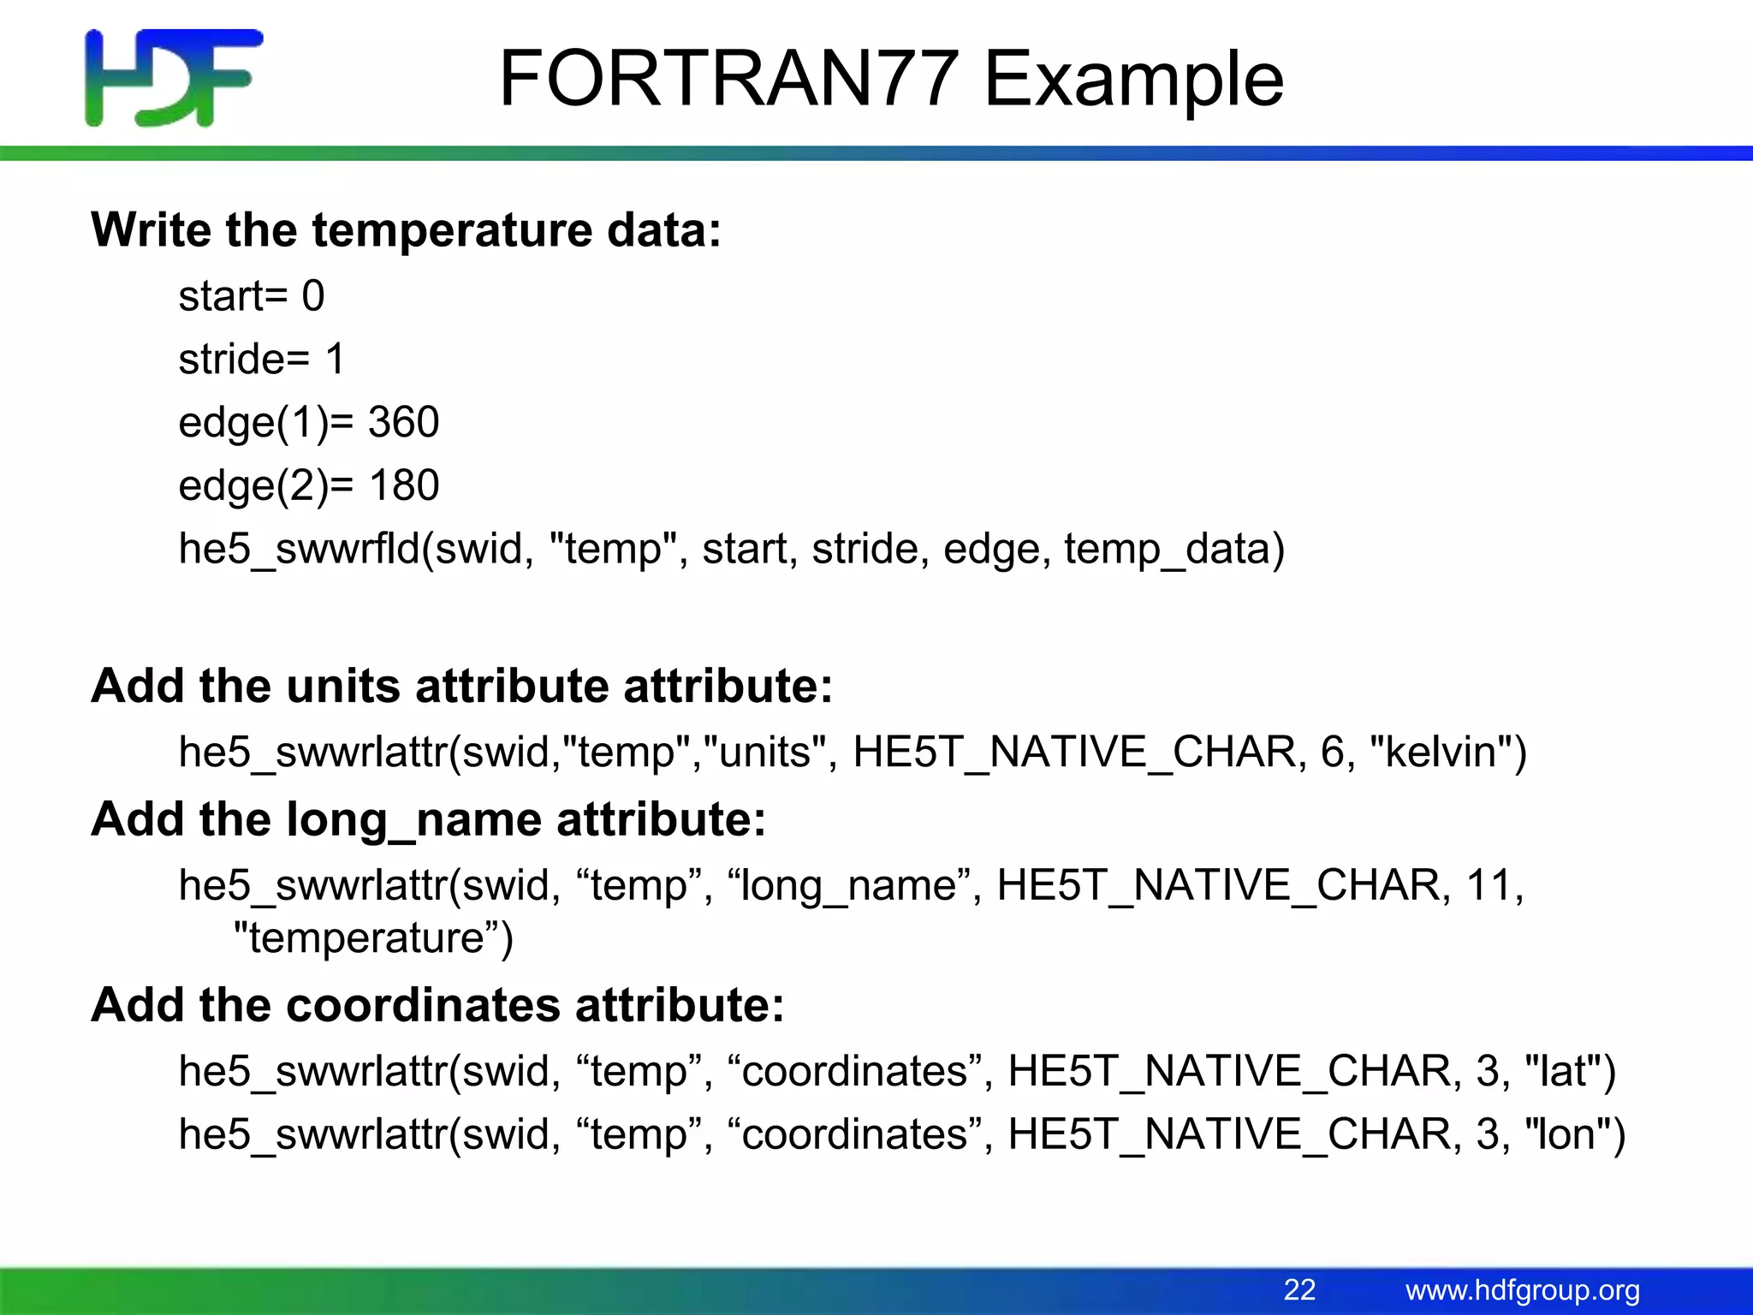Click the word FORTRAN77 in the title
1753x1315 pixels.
click(x=728, y=79)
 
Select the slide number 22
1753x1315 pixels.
click(x=1299, y=1289)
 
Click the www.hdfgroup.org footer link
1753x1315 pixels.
click(x=1522, y=1289)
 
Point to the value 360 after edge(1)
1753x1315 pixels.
click(x=404, y=422)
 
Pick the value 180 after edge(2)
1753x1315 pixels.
click(x=404, y=485)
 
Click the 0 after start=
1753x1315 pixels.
click(x=313, y=296)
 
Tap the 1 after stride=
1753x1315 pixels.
click(x=335, y=360)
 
